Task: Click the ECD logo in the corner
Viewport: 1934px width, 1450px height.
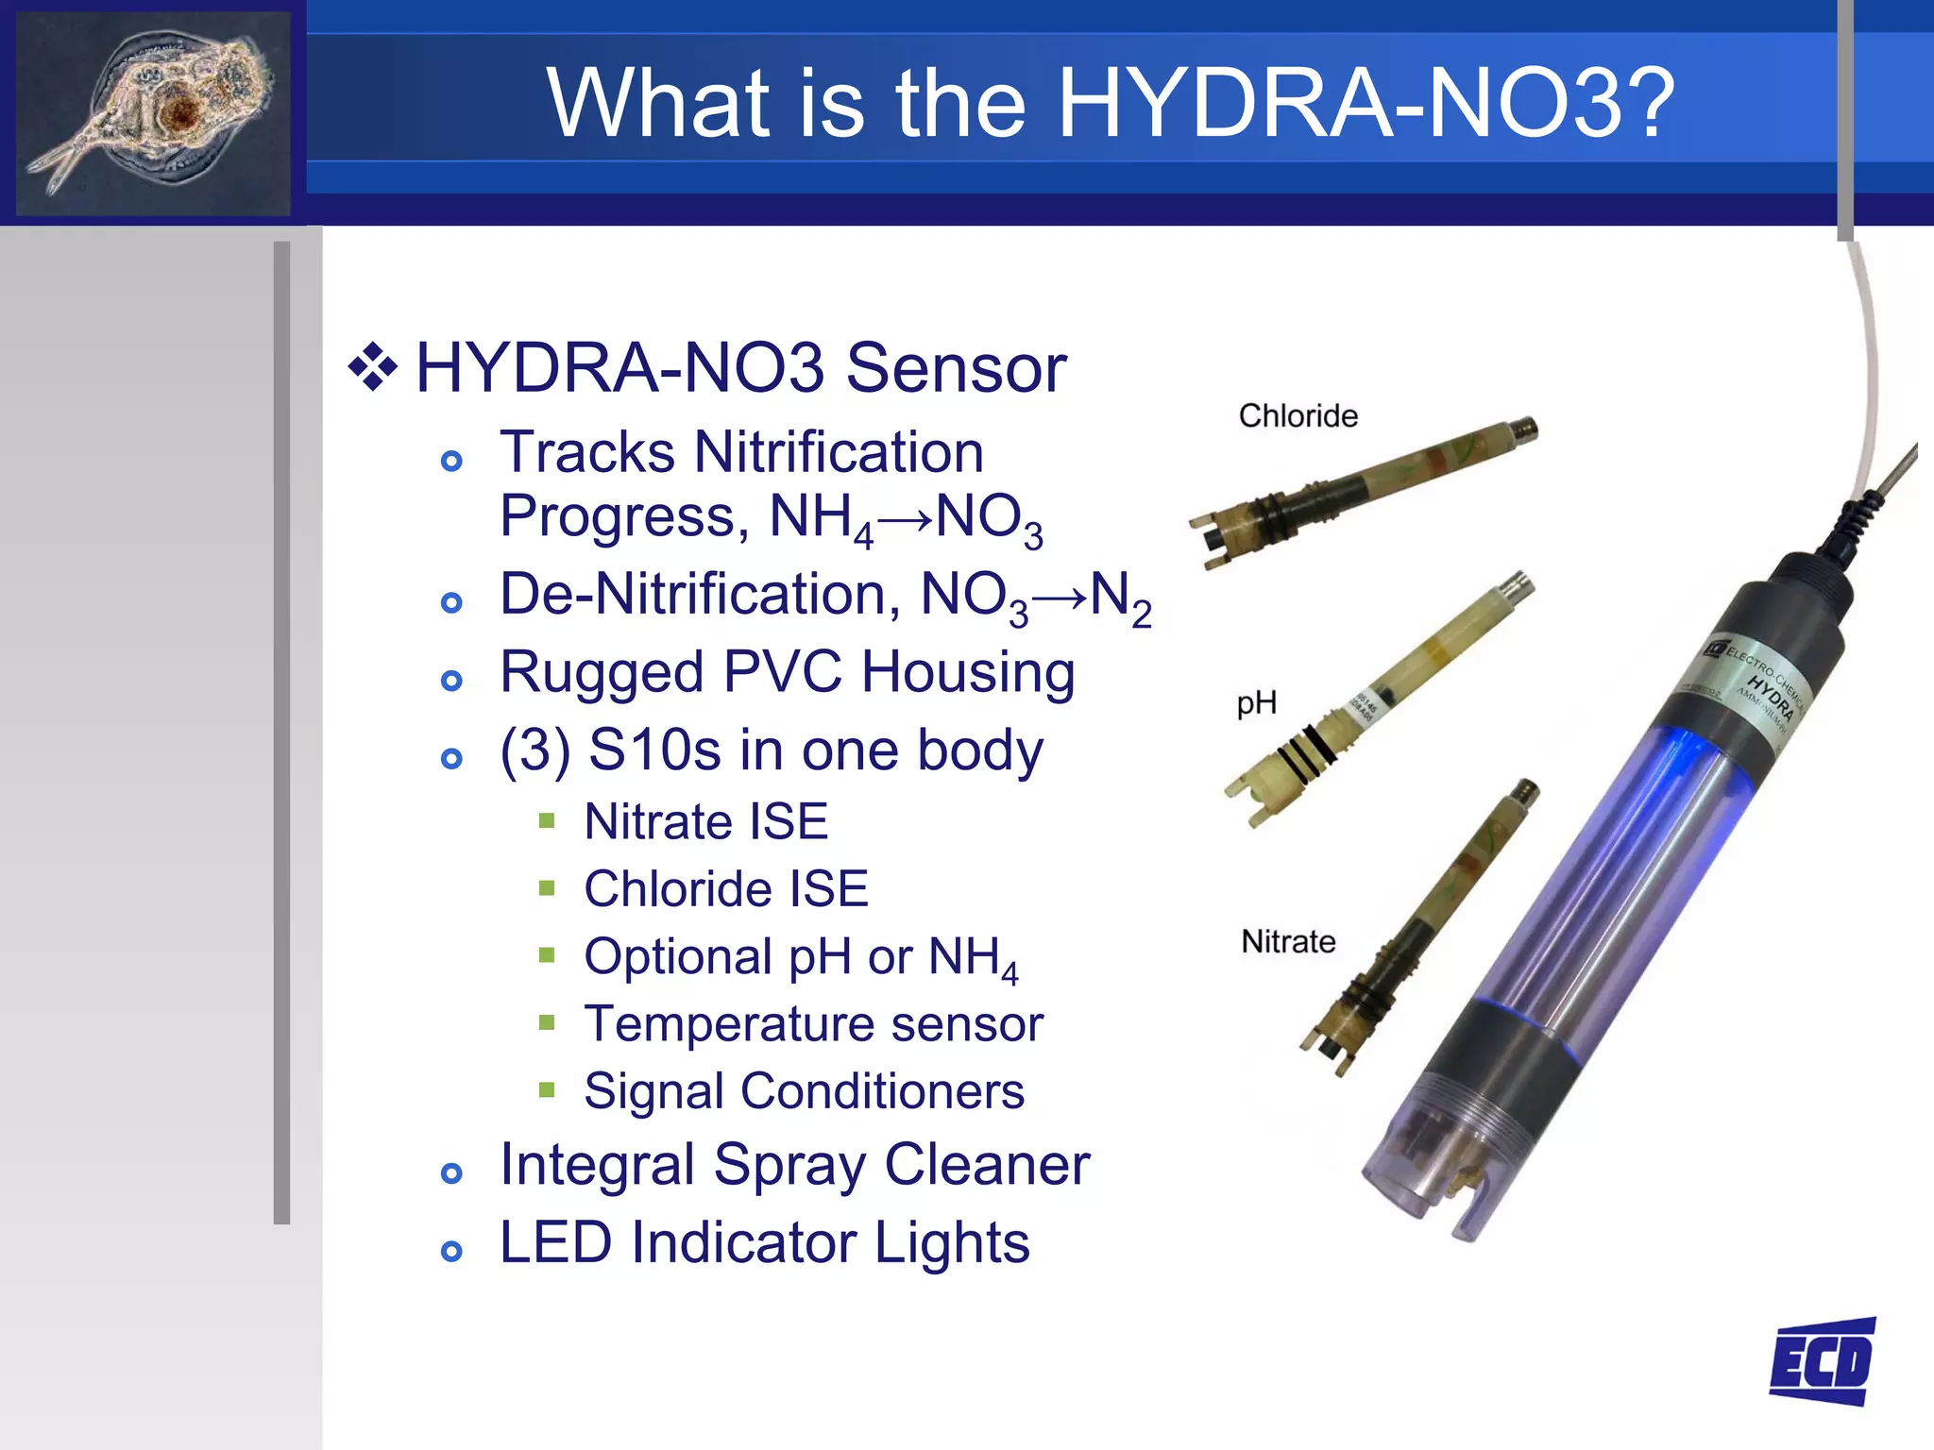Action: tap(1823, 1360)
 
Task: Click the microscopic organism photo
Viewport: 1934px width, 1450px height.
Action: tap(153, 113)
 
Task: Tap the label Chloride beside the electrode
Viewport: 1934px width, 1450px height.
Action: tap(1298, 415)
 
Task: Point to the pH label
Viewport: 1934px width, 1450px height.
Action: tap(1256, 702)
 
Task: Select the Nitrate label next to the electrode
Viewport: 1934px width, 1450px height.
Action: tap(1288, 941)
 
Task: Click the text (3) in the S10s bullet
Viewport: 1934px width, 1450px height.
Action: tap(534, 750)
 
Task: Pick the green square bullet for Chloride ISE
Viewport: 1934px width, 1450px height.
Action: tap(547, 888)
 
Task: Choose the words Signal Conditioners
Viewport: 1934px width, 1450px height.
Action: tap(804, 1091)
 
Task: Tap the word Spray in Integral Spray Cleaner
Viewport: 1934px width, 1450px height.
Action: tap(789, 1165)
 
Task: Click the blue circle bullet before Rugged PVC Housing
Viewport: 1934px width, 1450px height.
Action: tap(452, 681)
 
